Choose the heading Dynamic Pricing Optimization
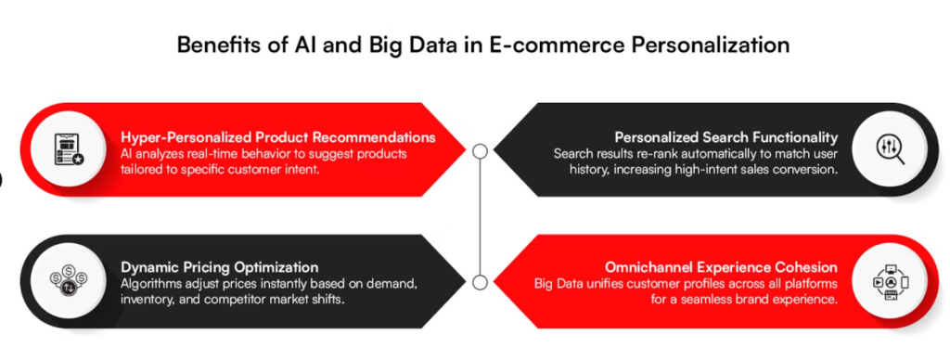(220, 267)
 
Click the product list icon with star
(66, 149)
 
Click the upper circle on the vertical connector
(481, 150)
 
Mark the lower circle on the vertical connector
(481, 282)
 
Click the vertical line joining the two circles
(481, 216)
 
